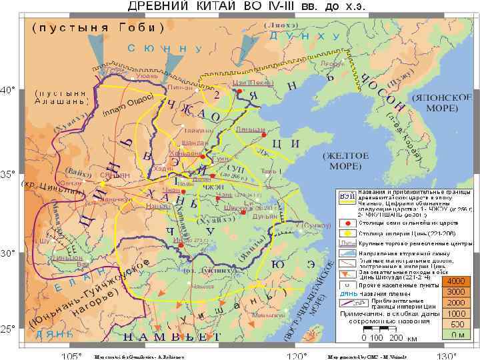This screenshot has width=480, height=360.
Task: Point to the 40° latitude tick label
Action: pyautogui.click(x=9, y=89)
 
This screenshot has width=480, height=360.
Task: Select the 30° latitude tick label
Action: pyautogui.click(x=9, y=253)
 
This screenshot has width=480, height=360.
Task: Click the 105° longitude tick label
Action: pyautogui.click(x=71, y=355)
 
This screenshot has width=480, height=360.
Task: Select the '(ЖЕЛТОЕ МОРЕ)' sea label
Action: pyautogui.click(x=346, y=161)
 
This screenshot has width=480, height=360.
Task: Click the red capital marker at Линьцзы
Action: pyautogui.click(x=265, y=135)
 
